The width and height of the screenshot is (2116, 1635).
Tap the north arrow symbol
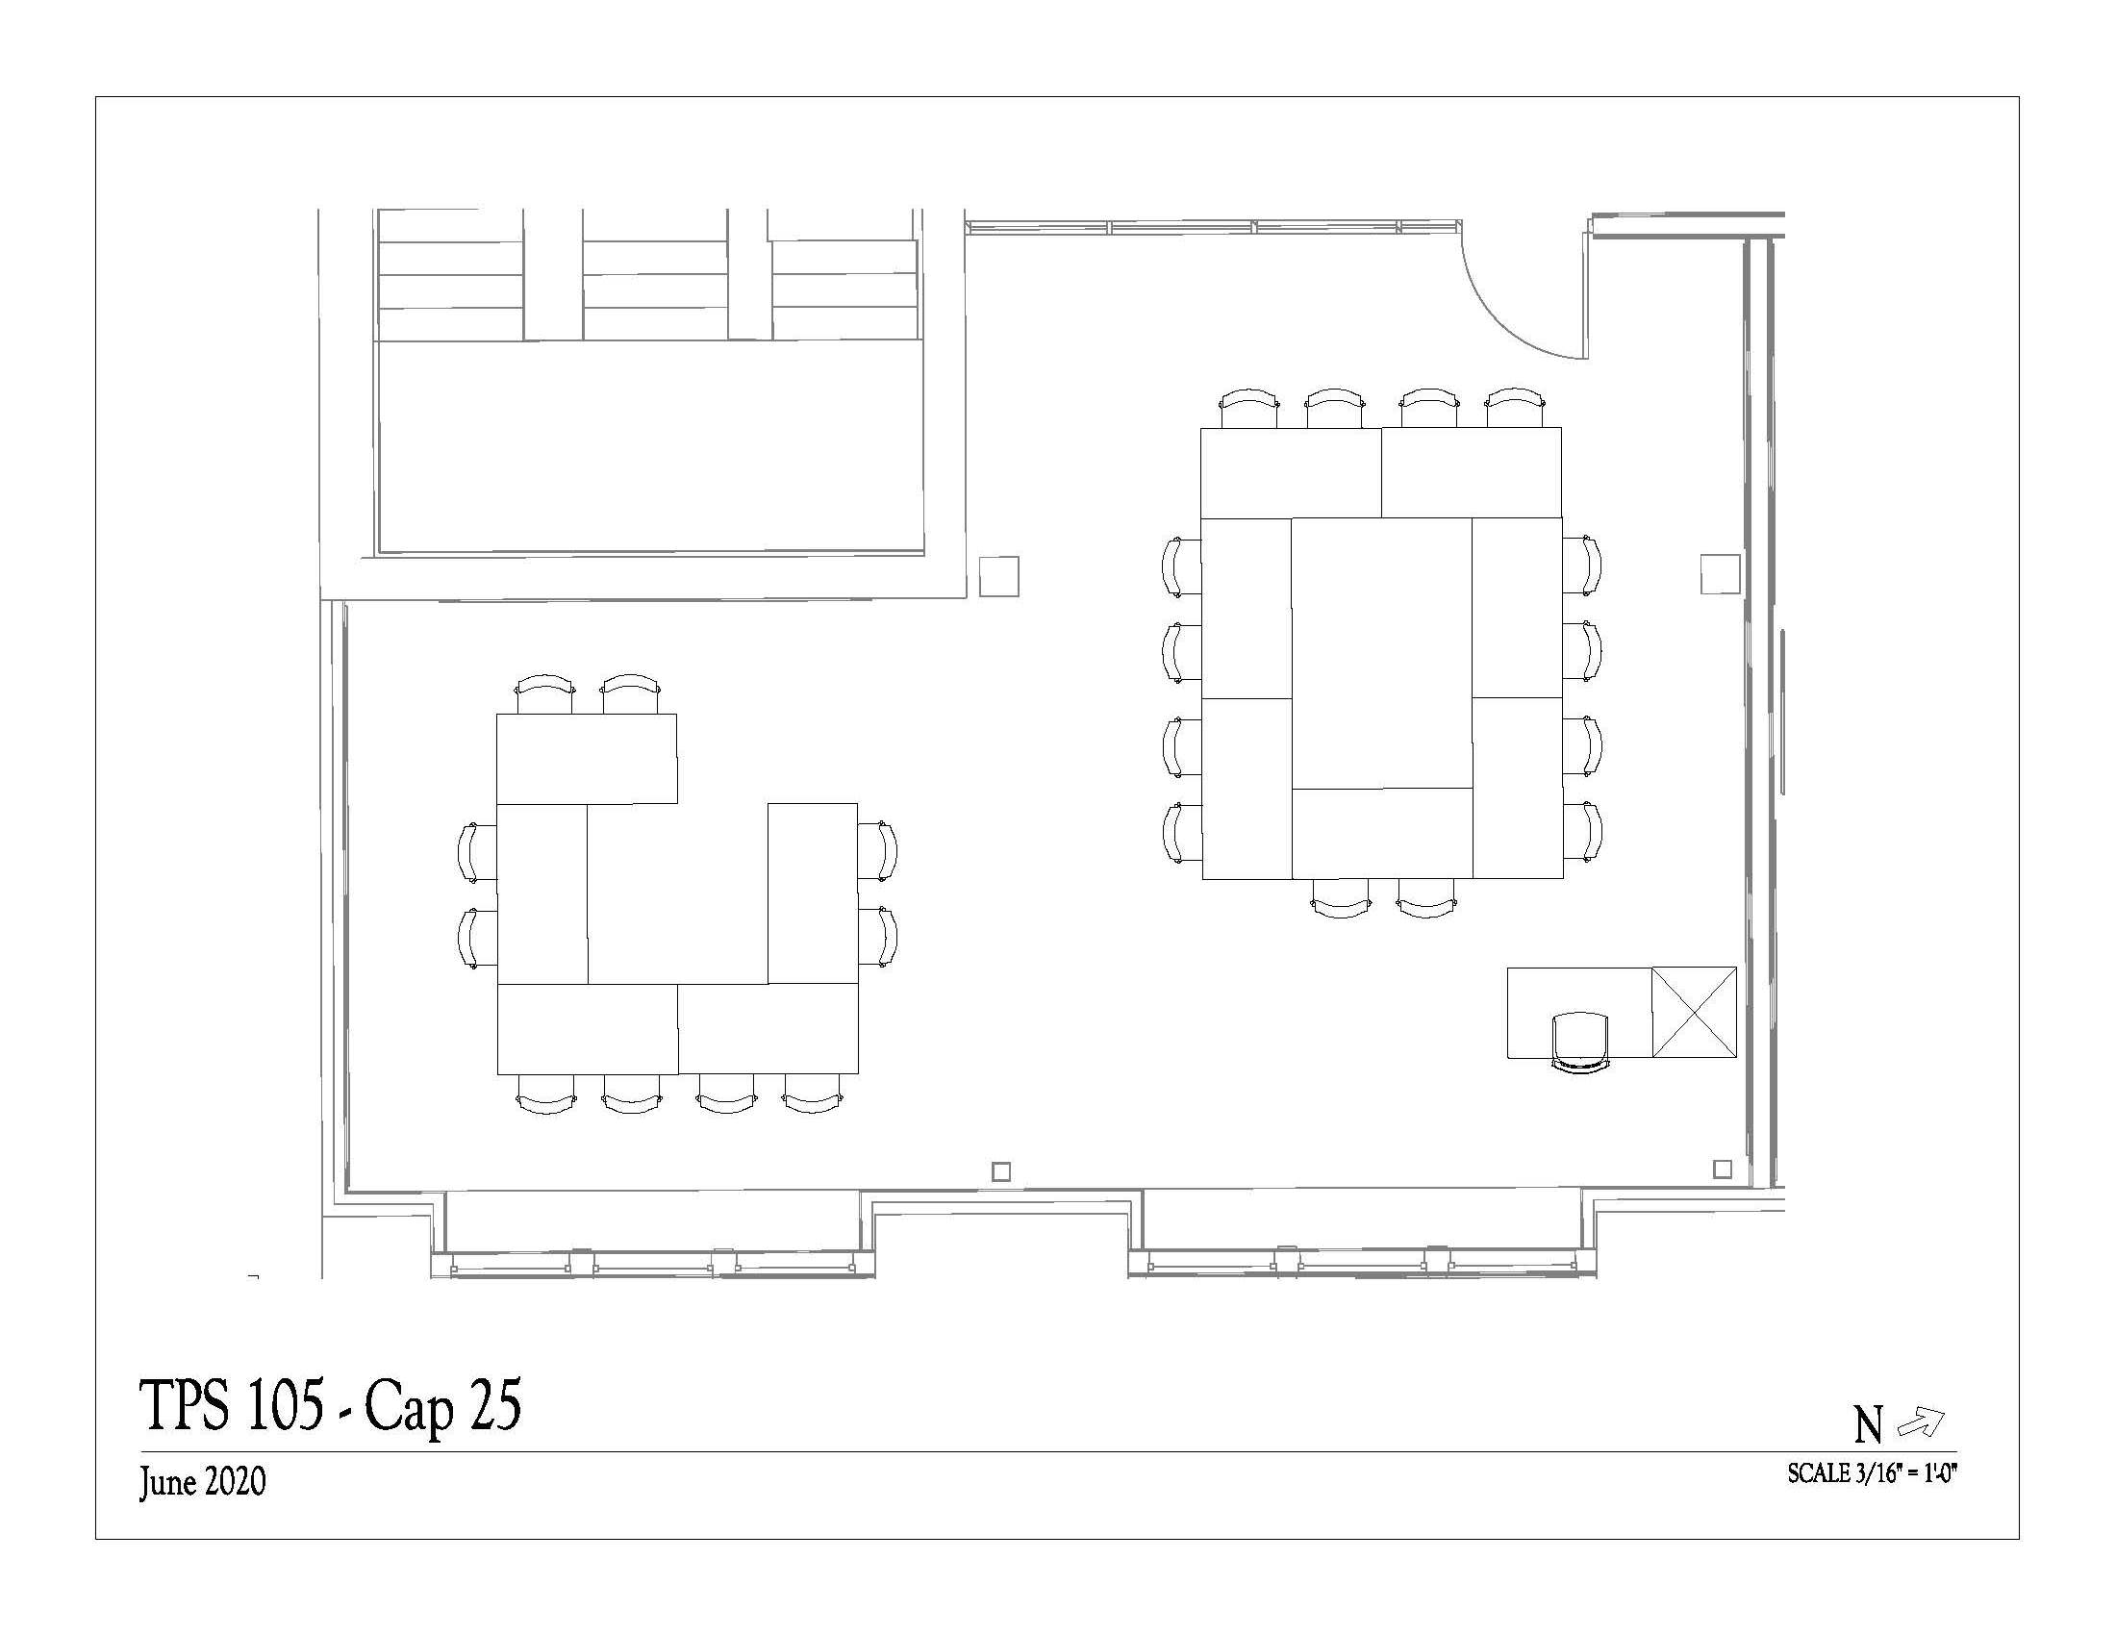1921,1421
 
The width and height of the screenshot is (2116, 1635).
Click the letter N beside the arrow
1869,1425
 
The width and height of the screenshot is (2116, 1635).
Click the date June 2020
203,1482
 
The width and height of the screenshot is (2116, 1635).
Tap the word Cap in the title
408,1408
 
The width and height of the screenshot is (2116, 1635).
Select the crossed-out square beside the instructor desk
1694,1011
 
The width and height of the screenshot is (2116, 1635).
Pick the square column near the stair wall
999,575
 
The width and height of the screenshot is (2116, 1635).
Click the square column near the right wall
1721,573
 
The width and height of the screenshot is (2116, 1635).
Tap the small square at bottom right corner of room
1722,1170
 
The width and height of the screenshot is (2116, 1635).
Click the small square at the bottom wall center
1002,1171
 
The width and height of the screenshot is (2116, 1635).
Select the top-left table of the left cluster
586,759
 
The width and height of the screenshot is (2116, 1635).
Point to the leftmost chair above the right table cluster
1249,408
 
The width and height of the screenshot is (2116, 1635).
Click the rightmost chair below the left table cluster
812,1094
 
